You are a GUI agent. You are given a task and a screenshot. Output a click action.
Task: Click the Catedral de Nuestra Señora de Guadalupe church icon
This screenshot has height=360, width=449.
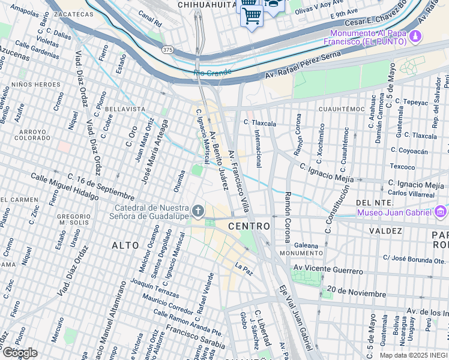point(199,211)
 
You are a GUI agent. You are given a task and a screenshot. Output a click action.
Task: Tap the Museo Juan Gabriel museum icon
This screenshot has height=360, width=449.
point(441,212)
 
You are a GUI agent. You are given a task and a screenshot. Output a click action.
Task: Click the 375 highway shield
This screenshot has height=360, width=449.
point(167,50)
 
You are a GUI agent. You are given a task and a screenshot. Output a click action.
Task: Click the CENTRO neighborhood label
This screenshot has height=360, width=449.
point(249,226)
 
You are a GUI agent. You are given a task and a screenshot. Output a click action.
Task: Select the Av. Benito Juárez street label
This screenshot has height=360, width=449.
point(218,161)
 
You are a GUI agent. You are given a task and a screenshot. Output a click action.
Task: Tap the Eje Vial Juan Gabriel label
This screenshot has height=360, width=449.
point(295,316)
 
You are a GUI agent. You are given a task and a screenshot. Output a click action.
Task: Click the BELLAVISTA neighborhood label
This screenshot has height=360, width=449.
point(125,109)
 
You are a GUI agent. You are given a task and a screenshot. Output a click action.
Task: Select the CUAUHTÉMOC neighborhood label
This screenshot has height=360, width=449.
point(342,109)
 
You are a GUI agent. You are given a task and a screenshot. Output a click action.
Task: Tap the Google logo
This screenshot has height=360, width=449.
point(19,352)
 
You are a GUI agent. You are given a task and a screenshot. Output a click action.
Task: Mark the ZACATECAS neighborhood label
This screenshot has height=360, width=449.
point(73,14)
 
